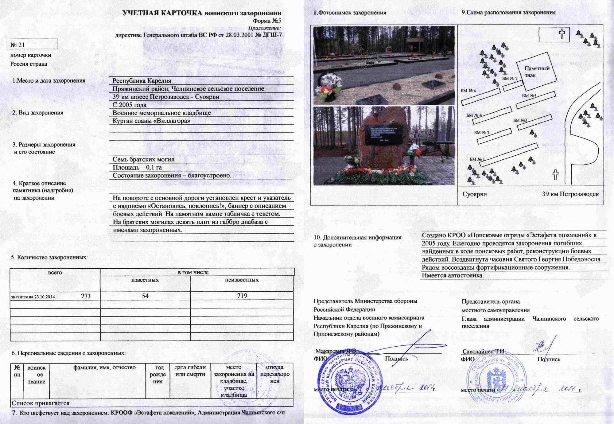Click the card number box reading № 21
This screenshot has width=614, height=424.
[x=32, y=45]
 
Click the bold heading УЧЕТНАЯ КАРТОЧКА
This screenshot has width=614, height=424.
[x=162, y=13]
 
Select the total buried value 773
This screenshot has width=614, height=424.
[x=86, y=296]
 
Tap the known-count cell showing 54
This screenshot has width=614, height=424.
[x=145, y=296]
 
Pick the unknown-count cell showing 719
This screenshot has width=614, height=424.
[x=242, y=296]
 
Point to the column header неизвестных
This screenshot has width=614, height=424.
[x=242, y=280]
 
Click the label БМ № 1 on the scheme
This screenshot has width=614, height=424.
[x=477, y=159]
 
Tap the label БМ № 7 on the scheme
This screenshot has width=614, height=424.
[x=510, y=78]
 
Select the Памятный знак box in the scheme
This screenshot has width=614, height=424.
[x=537, y=72]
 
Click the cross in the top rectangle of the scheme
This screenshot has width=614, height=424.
[x=562, y=34]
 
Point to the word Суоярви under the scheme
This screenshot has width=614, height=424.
[x=475, y=194]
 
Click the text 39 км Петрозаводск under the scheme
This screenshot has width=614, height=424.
[x=570, y=194]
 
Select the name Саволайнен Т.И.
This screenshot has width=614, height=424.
[x=484, y=352]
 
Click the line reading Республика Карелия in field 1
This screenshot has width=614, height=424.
[x=142, y=81]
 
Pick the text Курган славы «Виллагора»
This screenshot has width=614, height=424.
[x=151, y=121]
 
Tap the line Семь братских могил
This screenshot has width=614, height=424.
[x=143, y=159]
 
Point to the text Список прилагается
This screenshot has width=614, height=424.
[x=41, y=403]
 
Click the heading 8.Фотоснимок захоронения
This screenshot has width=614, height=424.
[x=350, y=13]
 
